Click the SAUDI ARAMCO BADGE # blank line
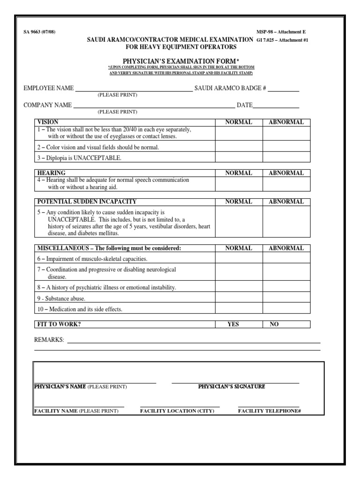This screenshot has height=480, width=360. (x=283, y=89)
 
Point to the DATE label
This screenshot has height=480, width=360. (x=245, y=105)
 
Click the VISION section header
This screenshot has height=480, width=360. (x=48, y=122)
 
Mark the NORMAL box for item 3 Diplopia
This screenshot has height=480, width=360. (x=239, y=158)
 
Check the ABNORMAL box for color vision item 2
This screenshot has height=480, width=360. (x=286, y=147)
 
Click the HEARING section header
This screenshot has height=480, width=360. (x=51, y=173)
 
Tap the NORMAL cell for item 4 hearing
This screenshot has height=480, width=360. (x=239, y=184)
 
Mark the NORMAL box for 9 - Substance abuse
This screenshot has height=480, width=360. (x=239, y=298)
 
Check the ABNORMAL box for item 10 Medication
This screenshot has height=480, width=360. (x=286, y=309)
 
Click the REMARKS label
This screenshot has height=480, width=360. (x=49, y=339)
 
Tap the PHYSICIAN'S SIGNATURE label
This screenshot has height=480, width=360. (x=232, y=387)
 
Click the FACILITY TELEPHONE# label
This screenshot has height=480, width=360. (x=269, y=411)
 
